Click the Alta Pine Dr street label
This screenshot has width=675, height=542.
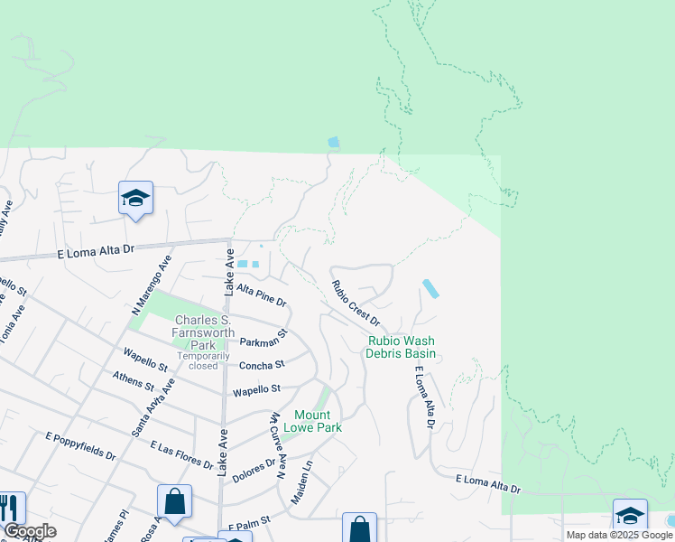tap(261, 294)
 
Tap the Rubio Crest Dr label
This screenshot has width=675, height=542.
tap(355, 303)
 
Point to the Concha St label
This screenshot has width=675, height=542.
tap(262, 365)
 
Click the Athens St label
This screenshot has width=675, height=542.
tap(134, 381)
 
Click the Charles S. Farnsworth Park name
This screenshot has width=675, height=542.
tap(203, 332)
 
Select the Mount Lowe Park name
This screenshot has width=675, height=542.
tap(312, 420)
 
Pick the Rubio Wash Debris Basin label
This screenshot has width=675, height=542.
tap(401, 347)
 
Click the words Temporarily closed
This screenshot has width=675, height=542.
tap(198, 360)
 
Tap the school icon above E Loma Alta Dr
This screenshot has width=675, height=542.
tap(135, 199)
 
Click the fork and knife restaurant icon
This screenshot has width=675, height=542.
tap(9, 508)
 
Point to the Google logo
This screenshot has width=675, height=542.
tap(30, 531)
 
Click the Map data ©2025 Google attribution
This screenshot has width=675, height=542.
tap(618, 535)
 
